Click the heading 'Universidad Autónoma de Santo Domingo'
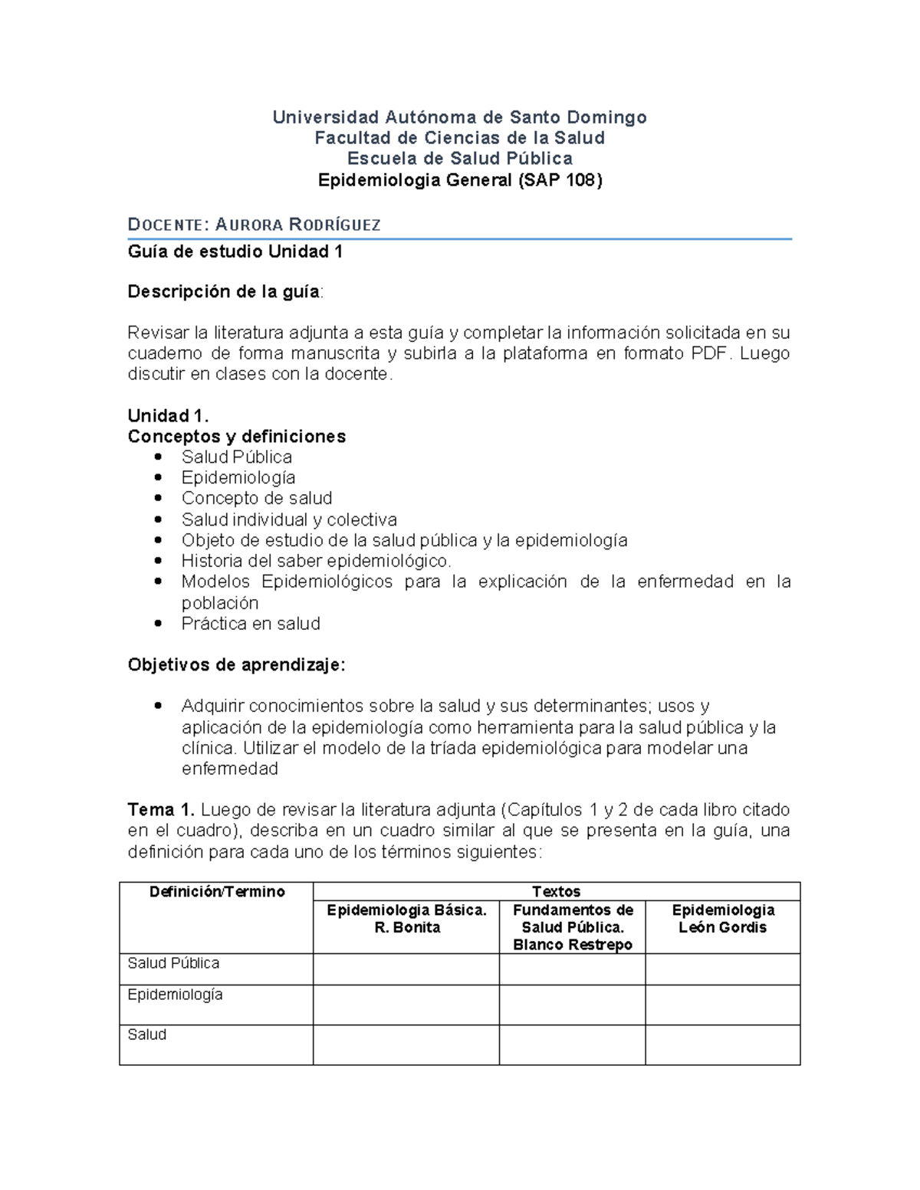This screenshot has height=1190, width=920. coord(459,117)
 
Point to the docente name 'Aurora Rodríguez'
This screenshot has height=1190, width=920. coord(298,225)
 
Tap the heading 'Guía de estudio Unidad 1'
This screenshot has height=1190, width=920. coord(235,251)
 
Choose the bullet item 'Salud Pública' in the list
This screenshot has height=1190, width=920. coord(236,457)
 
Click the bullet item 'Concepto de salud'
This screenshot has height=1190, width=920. coord(256,498)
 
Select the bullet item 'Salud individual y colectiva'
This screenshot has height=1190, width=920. coord(289,520)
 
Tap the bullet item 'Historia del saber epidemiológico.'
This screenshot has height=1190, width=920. coord(316,561)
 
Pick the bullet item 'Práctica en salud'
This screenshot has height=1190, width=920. coord(251,624)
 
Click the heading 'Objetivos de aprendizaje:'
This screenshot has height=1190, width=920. coord(236,665)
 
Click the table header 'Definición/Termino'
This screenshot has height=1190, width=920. coord(216,892)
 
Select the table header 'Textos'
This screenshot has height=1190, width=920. coord(556,892)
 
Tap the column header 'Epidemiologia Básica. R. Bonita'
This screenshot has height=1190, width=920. coord(406,919)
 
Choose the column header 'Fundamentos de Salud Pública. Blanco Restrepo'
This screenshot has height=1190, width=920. coord(572,927)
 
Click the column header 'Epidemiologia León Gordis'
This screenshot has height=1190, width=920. coord(722,919)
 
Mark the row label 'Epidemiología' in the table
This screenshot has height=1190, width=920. coord(175,995)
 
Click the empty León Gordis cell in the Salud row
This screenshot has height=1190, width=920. coord(722,1044)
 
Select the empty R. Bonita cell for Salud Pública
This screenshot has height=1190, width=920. coord(406,969)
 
